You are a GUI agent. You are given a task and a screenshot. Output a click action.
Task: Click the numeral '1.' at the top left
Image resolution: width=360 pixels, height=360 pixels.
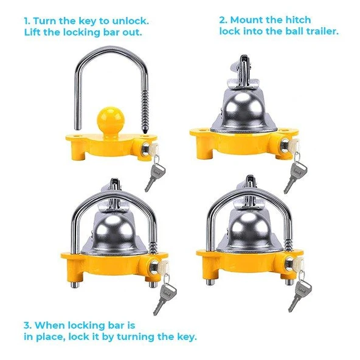coord(27,21)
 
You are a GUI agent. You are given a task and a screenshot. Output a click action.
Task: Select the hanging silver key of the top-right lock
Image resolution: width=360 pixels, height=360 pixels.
coord(296,175)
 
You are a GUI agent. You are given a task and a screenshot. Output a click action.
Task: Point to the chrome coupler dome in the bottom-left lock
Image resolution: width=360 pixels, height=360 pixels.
coord(114,234)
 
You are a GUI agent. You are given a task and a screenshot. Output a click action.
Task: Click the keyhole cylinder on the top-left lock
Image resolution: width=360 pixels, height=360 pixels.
coord(145,149)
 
